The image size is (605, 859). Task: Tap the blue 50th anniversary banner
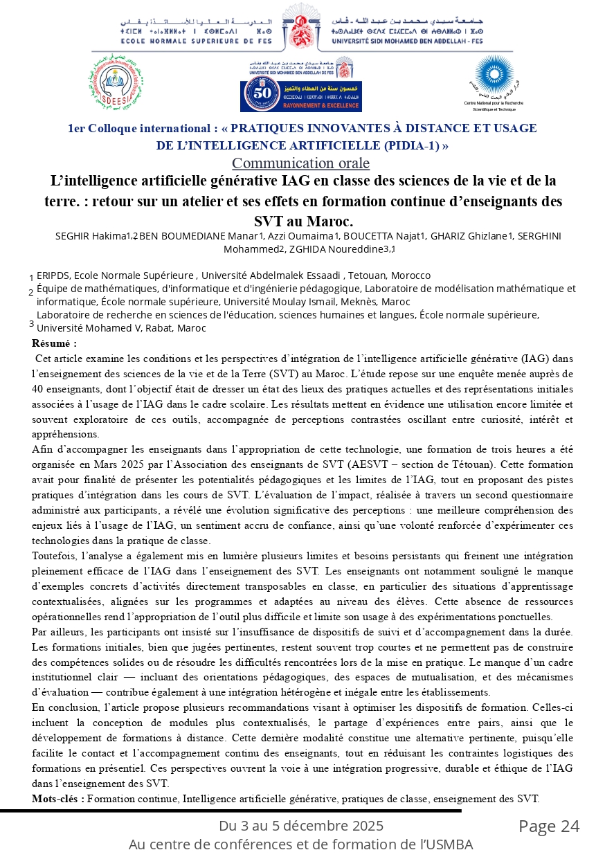[300, 96]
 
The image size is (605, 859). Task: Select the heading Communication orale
[300, 163]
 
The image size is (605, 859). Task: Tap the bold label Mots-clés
[58, 799]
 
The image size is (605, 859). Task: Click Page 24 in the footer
[549, 826]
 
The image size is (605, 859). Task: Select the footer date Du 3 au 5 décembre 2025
[300, 826]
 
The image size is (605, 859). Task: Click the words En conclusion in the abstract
[63, 707]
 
